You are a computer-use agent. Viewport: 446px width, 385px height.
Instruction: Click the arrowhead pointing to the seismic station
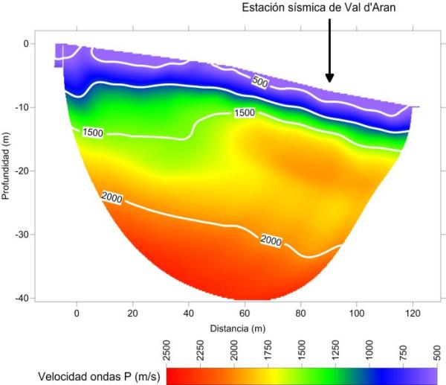(x=330, y=77)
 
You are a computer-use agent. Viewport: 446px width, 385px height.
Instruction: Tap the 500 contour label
(x=259, y=82)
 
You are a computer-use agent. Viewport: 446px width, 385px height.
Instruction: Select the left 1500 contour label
(x=92, y=133)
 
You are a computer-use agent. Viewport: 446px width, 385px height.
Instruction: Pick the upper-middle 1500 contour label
(x=245, y=112)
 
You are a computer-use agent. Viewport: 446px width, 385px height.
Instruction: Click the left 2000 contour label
(x=111, y=197)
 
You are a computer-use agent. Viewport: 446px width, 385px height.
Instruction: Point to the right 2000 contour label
(x=271, y=239)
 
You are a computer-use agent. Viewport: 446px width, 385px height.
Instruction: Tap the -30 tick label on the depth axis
(x=22, y=235)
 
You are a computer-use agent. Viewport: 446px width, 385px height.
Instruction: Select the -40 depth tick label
(x=22, y=299)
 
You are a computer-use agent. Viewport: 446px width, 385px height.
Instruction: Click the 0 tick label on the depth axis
(x=26, y=43)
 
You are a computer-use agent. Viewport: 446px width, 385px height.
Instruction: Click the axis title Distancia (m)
(x=238, y=328)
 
